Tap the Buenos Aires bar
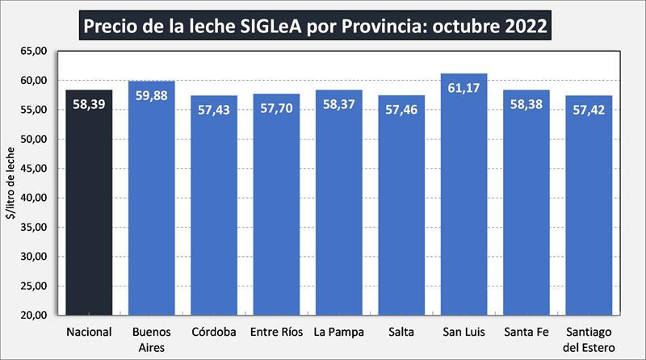pos(151,206)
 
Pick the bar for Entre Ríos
pos(276,210)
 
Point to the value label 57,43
pos(214,108)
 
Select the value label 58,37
pos(338,103)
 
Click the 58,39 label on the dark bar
pos(89,103)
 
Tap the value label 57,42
pos(589,108)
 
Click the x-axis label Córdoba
pos(214,332)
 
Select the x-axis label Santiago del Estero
pos(589,339)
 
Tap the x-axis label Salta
pos(401,332)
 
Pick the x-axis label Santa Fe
pos(526,332)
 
